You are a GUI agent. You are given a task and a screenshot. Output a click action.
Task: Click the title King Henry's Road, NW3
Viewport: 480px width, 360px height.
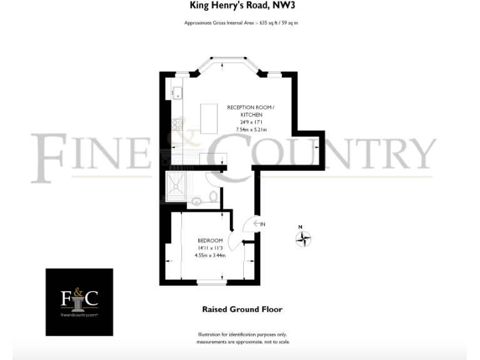click(240, 6)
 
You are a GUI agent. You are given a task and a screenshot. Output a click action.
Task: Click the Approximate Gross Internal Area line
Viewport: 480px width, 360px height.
click(241, 23)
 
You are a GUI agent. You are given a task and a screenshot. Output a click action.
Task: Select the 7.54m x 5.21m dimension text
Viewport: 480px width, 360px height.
click(251, 129)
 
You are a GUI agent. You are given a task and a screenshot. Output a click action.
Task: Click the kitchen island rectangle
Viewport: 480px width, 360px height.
click(209, 118)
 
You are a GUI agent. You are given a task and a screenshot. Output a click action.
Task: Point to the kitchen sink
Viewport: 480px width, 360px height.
click(177, 92)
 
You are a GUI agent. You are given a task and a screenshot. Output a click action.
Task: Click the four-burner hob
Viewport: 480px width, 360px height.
click(177, 124)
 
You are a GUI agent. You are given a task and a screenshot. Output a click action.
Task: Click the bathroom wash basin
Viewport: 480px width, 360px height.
click(196, 201)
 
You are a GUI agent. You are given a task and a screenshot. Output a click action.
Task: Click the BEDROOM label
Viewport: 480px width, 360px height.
click(210, 241)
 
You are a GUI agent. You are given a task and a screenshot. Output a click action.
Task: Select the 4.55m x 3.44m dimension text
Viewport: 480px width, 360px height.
click(210, 255)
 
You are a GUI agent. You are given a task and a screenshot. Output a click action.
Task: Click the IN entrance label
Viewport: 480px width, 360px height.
click(262, 224)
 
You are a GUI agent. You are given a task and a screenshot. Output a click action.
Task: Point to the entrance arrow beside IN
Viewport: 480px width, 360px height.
click(253, 224)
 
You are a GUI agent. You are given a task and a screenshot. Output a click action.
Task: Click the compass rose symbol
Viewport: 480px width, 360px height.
click(303, 238)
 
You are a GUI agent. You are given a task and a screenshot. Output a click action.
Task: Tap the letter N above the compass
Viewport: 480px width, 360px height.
click(300, 227)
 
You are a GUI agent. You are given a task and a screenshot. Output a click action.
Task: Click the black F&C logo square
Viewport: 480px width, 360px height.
click(79, 302)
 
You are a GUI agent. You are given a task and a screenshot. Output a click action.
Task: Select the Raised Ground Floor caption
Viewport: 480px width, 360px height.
click(242, 309)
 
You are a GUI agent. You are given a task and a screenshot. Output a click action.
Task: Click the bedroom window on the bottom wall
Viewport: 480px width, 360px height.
click(210, 283)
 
